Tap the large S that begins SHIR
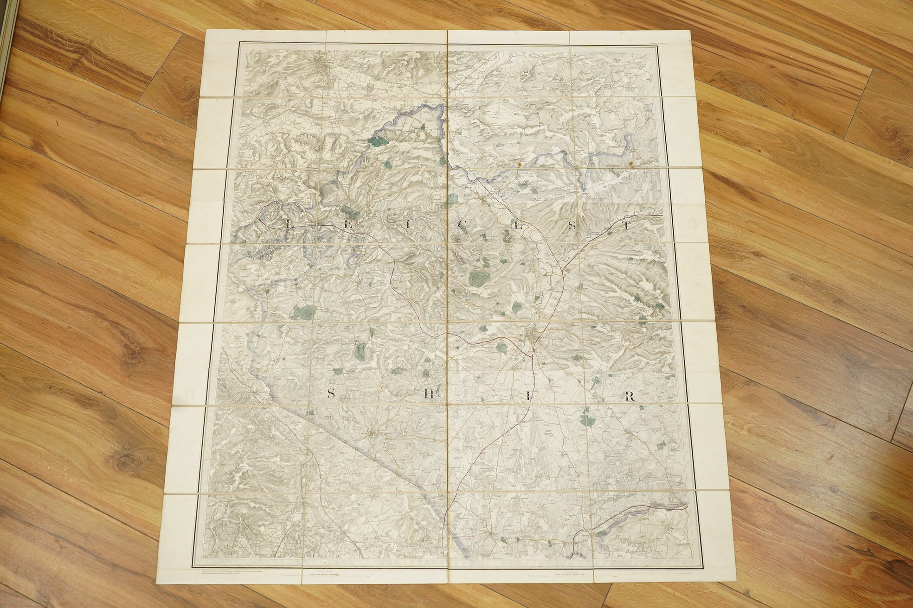click(x=331, y=394)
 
